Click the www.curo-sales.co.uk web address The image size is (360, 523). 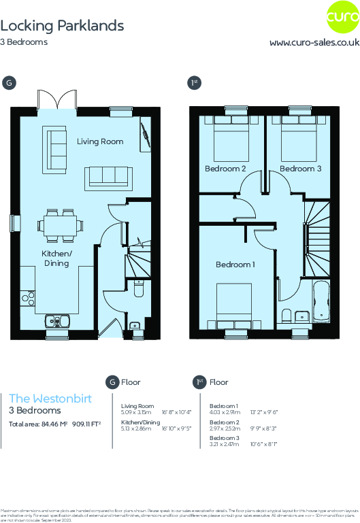pyautogui.click(x=314, y=42)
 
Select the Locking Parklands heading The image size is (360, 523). pyautogui.click(x=62, y=26)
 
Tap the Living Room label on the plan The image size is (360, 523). pyautogui.click(x=100, y=141)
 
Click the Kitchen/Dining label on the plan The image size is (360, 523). pyautogui.click(x=58, y=258)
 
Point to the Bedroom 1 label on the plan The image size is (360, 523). pyautogui.click(x=235, y=265)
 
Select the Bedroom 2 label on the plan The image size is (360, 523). pyautogui.click(x=225, y=169)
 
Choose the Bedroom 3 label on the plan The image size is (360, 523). pyautogui.click(x=300, y=169)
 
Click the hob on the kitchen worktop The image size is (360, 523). pyautogui.click(x=28, y=297)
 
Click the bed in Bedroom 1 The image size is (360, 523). pyautogui.click(x=235, y=305)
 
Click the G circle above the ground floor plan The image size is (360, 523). pyautogui.click(x=8, y=83)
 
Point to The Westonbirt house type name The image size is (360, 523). pyautogui.click(x=50, y=399)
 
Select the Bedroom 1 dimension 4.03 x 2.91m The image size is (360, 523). pyautogui.click(x=225, y=412)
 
